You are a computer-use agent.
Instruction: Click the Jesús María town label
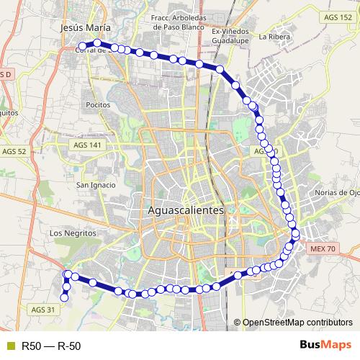pos(86,27)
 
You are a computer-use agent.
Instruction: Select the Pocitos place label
pos(96,104)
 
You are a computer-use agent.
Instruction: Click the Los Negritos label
pos(73,233)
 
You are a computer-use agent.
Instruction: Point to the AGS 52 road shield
pos(14,152)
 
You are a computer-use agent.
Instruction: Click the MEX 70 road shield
pos(323,248)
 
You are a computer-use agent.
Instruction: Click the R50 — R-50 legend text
pos(50,346)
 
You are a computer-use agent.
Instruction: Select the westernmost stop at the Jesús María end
pos(81,48)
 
